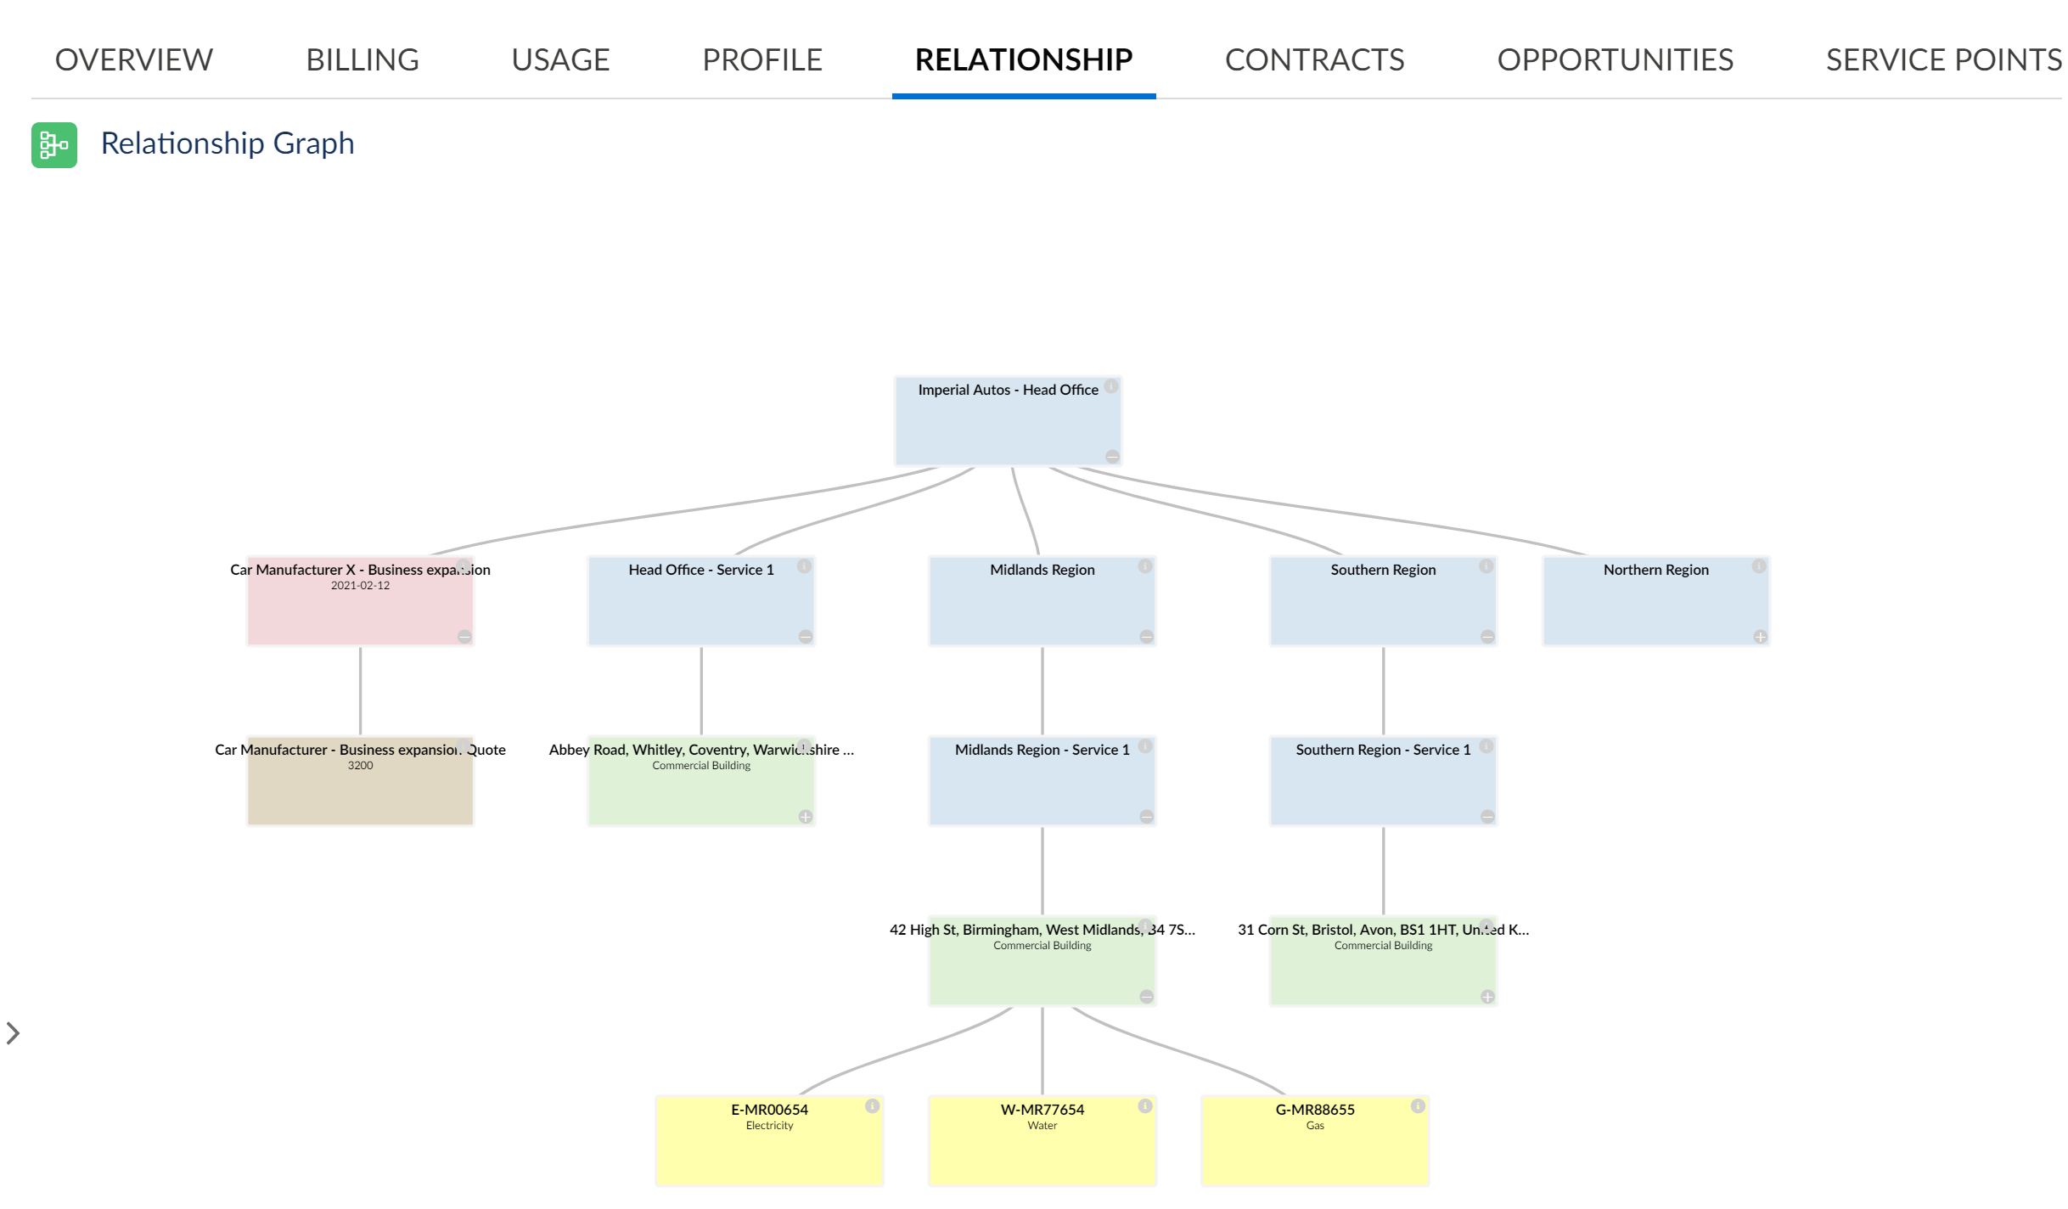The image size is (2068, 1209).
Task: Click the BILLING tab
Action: (x=362, y=59)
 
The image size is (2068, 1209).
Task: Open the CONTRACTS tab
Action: (x=1314, y=59)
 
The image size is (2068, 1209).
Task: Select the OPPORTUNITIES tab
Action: (x=1615, y=59)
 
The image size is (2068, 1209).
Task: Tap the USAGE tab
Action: (x=560, y=59)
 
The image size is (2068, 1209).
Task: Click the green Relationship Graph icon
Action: (x=54, y=145)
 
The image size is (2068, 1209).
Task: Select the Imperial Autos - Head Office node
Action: (x=1008, y=422)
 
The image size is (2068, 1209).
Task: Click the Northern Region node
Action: (x=1655, y=602)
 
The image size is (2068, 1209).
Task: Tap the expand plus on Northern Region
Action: (x=1761, y=637)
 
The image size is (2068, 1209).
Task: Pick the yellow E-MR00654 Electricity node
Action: (x=769, y=1141)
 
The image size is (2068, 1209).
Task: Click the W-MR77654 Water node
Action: (x=1042, y=1141)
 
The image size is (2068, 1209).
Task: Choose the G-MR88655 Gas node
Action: (x=1314, y=1141)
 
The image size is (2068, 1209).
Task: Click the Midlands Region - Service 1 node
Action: (x=1042, y=782)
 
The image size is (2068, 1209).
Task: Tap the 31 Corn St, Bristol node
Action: (x=1383, y=962)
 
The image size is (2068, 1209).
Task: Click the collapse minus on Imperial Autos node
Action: (x=1112, y=457)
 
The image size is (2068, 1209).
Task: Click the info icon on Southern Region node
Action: (x=1486, y=566)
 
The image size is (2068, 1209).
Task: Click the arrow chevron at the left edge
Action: (x=13, y=1033)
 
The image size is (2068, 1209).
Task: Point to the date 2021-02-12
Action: (x=360, y=586)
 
